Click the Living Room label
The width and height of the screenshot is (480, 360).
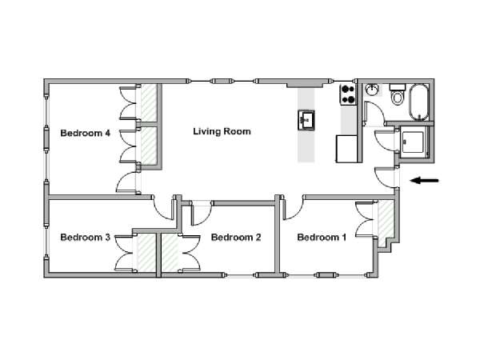click(222, 132)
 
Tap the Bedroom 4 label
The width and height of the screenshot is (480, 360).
click(86, 133)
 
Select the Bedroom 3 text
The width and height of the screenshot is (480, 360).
click(86, 238)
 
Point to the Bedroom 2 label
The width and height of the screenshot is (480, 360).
click(236, 238)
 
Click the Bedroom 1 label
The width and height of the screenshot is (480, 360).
click(322, 238)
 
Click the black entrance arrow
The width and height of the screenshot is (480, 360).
click(424, 181)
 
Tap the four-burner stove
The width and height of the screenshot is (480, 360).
click(348, 94)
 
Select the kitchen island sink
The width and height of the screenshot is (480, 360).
click(306, 120)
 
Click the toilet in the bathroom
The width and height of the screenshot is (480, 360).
click(398, 94)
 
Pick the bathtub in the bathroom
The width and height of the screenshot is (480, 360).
click(418, 102)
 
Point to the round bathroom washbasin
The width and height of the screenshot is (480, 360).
click(372, 90)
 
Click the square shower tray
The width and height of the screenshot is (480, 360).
click(413, 142)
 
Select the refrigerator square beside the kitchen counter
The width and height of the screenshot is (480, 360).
click(347, 149)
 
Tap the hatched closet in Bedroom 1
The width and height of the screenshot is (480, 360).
click(386, 219)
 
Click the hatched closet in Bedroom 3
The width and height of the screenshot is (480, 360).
click(146, 253)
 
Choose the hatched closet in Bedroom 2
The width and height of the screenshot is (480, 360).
click(170, 253)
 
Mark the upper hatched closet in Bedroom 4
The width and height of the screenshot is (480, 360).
click(149, 103)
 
